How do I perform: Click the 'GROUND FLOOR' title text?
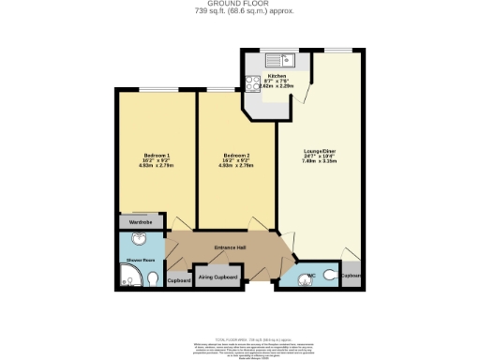(x=240, y=4)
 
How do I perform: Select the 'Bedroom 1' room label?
(x=157, y=154)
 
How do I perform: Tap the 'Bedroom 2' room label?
(x=236, y=154)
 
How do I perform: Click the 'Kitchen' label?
(x=277, y=75)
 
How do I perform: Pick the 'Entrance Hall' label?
(x=229, y=247)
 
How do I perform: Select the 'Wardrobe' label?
(x=140, y=223)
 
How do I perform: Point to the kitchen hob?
(x=252, y=82)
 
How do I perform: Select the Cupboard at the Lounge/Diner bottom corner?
(x=351, y=277)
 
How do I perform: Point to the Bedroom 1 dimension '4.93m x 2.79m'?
(x=157, y=165)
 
